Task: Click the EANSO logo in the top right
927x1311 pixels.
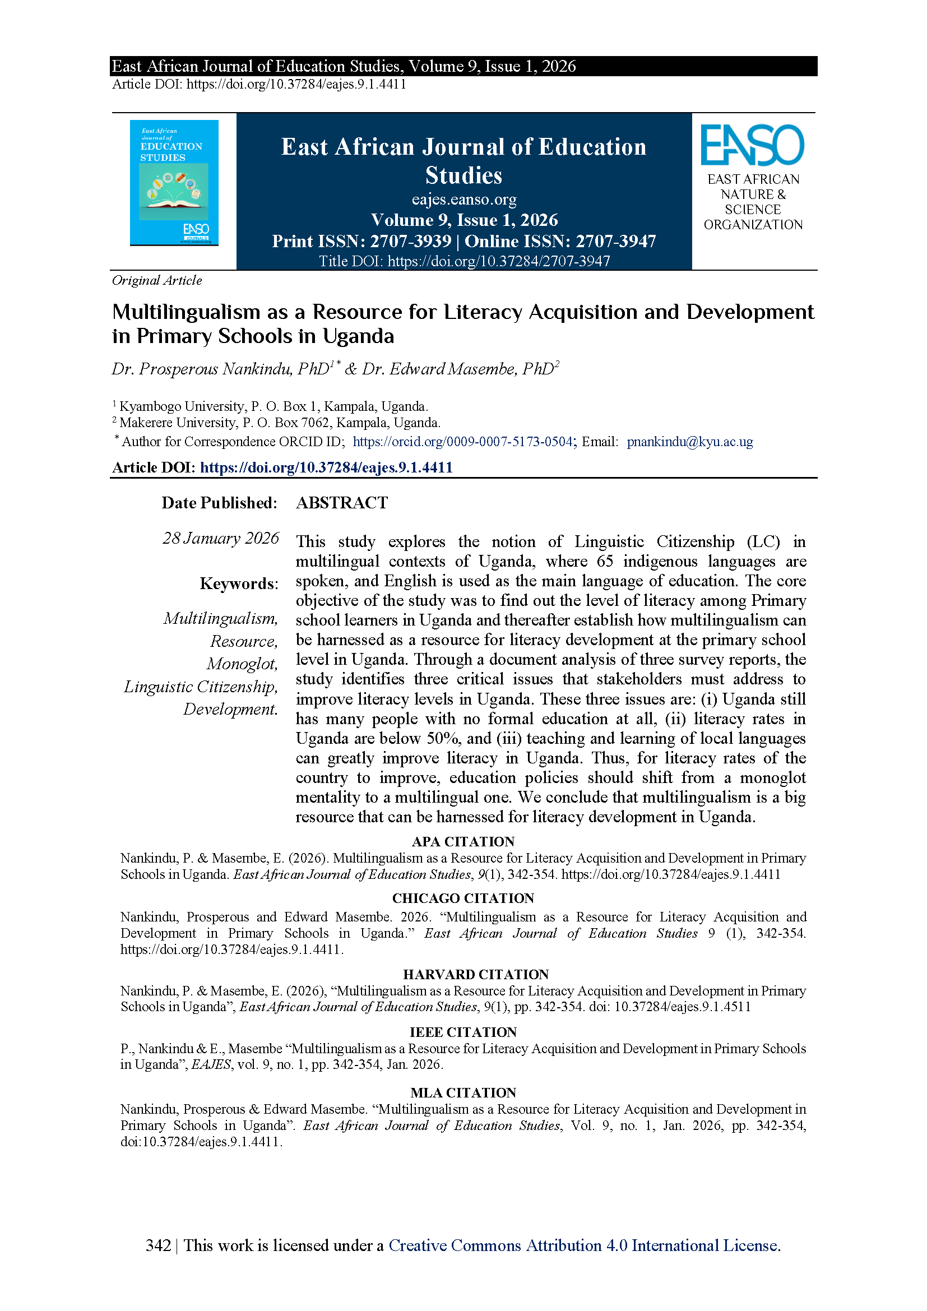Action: [x=752, y=146]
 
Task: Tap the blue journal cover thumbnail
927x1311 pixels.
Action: [x=174, y=182]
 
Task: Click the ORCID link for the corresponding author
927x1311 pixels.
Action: [x=462, y=441]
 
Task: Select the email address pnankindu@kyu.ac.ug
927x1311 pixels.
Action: [x=689, y=441]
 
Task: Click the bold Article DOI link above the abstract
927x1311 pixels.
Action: [x=326, y=467]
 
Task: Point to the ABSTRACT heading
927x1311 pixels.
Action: [x=342, y=502]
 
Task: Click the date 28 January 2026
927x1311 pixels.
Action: [x=221, y=538]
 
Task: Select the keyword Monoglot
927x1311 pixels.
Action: [x=242, y=664]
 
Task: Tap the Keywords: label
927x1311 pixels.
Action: [x=239, y=583]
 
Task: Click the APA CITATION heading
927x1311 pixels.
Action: [x=463, y=841]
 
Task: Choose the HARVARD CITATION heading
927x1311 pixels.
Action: [x=475, y=974]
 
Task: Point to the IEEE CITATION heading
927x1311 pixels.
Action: [x=463, y=1032]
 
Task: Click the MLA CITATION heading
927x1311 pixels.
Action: [x=463, y=1092]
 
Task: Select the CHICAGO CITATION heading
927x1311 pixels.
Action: [x=463, y=898]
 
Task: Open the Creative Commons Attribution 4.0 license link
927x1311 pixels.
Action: [x=584, y=1245]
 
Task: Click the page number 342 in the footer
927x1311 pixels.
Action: [x=158, y=1245]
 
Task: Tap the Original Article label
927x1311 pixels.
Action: [x=157, y=280]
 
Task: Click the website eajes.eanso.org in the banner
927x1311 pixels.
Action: [x=464, y=200]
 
